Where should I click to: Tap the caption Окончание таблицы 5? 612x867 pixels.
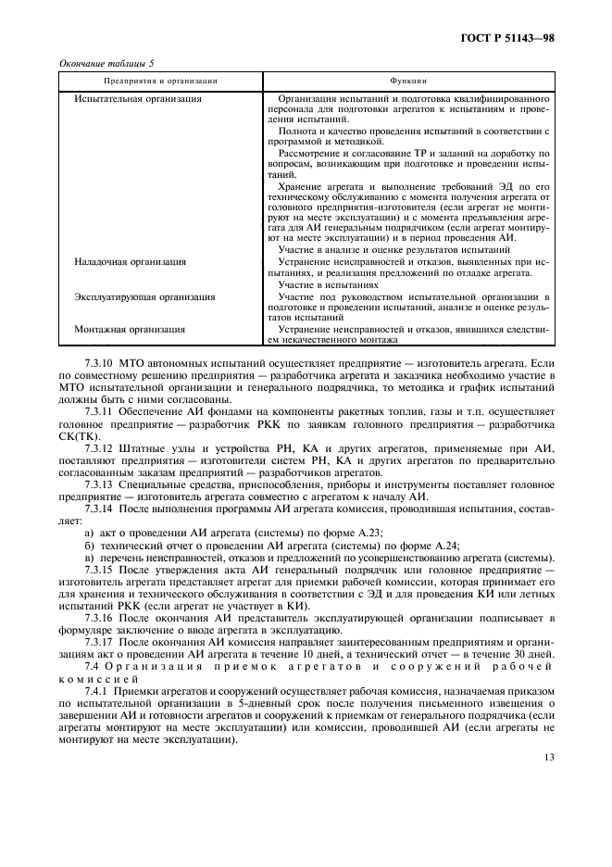coord(106,63)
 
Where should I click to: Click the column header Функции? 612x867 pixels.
coord(407,82)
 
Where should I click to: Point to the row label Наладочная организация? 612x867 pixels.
coord(130,262)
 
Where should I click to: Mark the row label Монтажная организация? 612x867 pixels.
coord(130,329)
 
